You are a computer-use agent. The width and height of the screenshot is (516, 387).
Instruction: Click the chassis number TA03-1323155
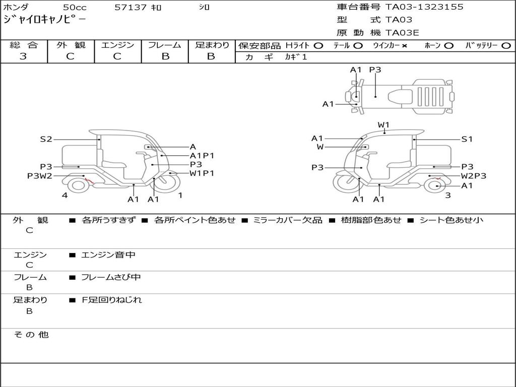424,7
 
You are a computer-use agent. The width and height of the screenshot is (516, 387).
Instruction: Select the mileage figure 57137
131,7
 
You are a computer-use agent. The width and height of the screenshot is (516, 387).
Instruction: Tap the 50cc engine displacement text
75,7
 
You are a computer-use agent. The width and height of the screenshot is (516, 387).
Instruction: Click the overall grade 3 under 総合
23,56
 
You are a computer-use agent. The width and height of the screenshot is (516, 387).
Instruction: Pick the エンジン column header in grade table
117,45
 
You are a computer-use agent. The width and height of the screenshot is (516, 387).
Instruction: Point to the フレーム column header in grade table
165,45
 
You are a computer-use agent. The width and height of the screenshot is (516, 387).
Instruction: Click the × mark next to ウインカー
404,46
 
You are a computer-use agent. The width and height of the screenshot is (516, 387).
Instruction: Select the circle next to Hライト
318,46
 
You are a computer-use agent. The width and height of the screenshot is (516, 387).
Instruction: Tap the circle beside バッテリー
506,46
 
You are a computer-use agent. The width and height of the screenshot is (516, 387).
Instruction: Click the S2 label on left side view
46,139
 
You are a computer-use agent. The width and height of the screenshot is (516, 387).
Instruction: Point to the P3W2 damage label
39,176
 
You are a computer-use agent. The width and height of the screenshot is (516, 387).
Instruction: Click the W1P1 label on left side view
202,173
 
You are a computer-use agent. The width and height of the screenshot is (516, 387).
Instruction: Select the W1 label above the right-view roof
383,125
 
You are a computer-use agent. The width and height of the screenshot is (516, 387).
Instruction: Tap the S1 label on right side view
467,139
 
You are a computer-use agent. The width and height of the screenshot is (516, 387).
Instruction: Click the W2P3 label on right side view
474,176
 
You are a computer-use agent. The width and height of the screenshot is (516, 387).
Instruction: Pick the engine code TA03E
402,33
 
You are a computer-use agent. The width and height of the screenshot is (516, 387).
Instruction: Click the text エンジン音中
108,254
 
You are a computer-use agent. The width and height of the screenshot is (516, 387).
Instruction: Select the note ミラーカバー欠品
288,220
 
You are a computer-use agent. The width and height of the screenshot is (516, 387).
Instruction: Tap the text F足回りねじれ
112,300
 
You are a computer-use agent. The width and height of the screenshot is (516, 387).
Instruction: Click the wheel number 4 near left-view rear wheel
65,195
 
